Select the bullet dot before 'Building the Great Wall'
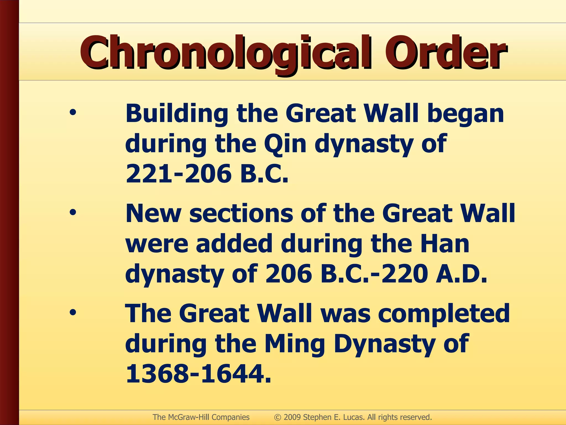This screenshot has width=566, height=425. pyautogui.click(x=73, y=113)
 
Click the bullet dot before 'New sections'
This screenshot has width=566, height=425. pyautogui.click(x=73, y=212)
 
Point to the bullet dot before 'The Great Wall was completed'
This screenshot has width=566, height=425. pyautogui.click(x=73, y=312)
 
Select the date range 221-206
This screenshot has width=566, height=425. pyautogui.click(x=179, y=174)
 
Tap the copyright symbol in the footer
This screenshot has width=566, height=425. pyautogui.click(x=277, y=417)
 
